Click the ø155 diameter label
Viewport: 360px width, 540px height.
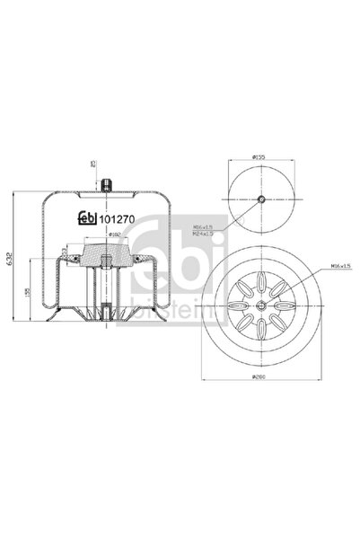pos(259,157)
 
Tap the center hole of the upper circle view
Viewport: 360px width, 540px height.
pos(260,199)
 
